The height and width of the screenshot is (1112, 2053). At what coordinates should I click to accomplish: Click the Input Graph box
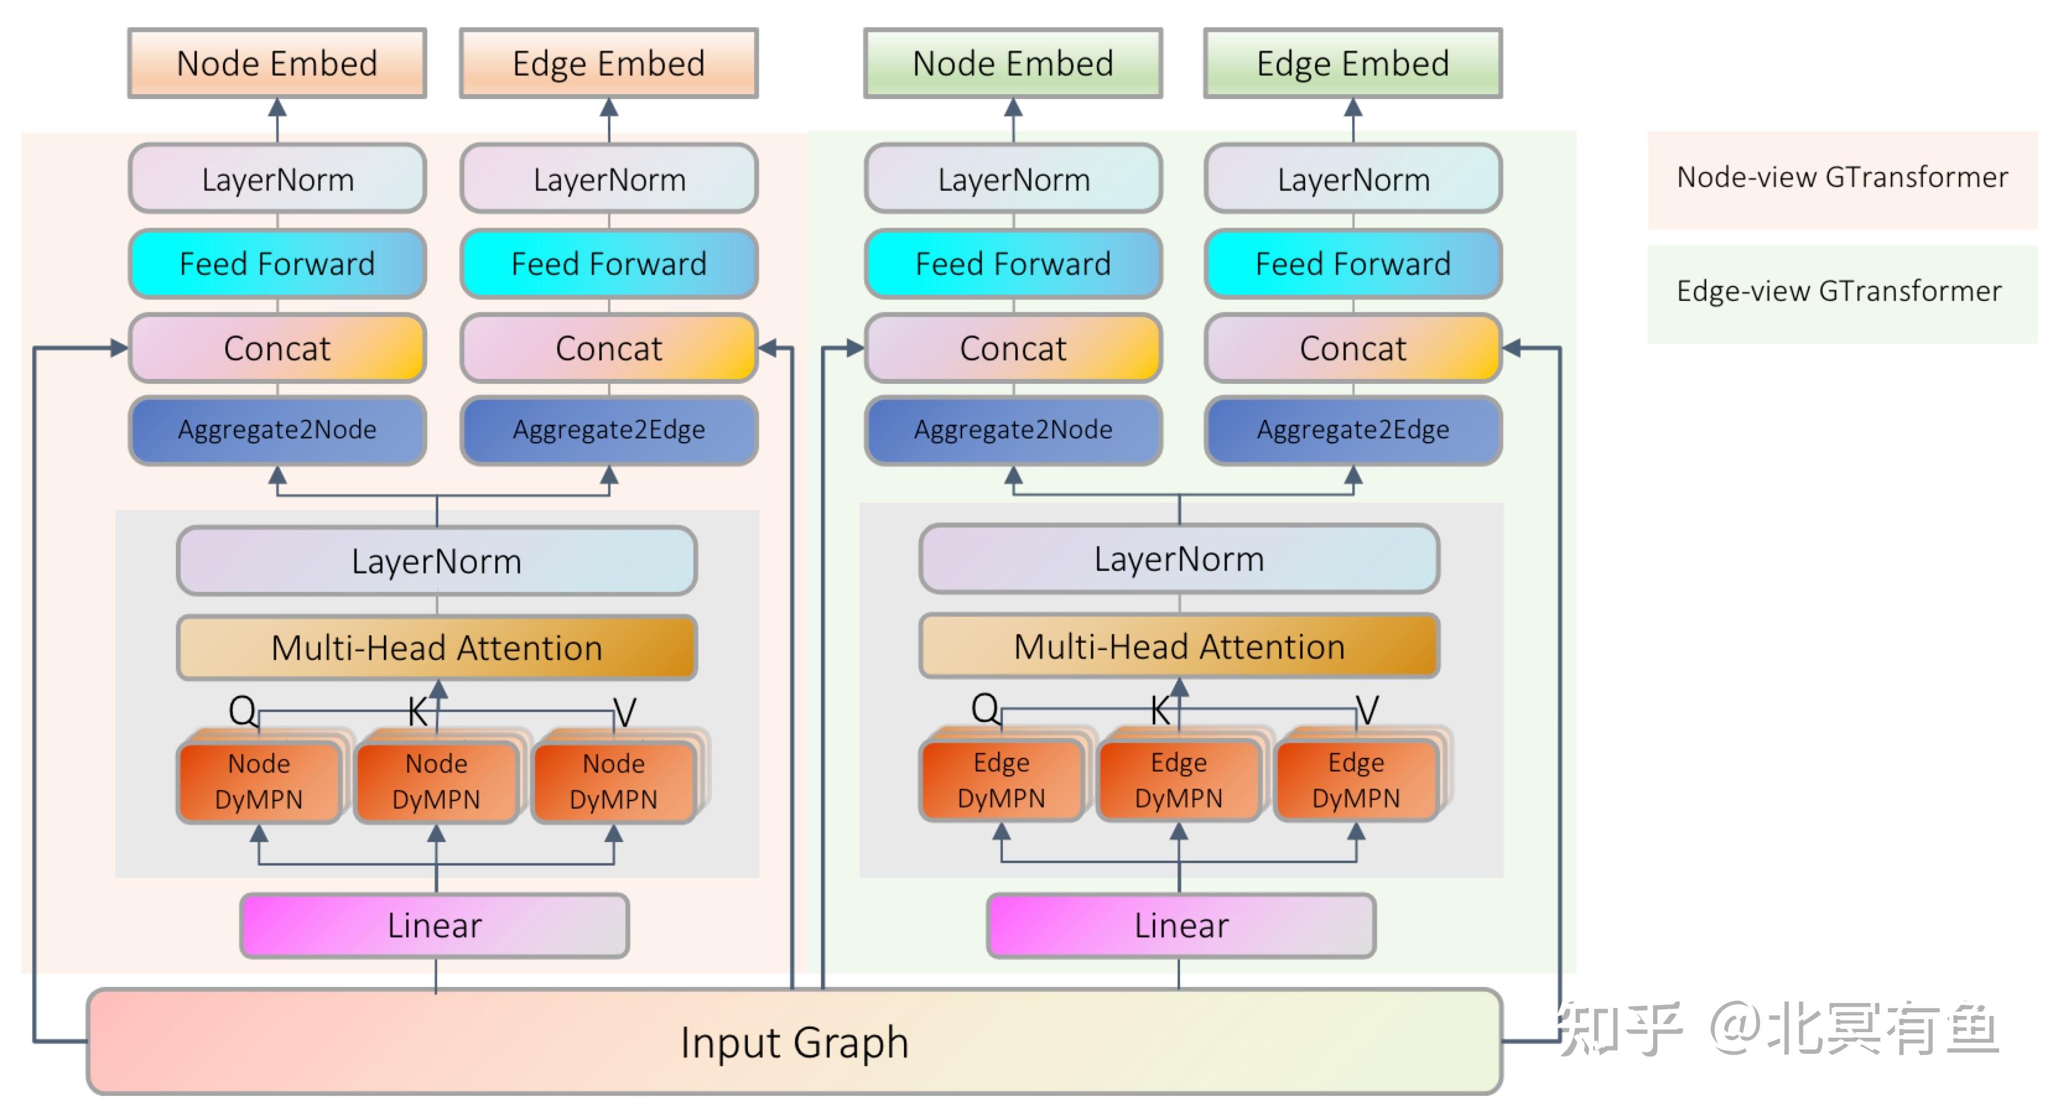[794, 1042]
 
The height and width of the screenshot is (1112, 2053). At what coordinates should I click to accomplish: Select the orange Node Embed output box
[277, 64]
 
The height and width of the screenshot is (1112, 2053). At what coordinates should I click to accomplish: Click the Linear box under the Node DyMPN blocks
[435, 926]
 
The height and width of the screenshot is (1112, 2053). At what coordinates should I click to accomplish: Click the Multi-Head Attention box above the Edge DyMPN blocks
[1179, 646]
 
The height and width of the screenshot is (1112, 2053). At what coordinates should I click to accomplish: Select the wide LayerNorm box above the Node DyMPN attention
[436, 561]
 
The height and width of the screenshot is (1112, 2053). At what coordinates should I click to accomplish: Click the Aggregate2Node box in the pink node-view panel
[277, 430]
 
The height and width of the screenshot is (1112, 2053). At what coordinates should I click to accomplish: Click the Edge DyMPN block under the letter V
[1356, 780]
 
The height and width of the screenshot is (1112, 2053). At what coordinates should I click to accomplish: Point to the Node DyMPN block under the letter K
[436, 782]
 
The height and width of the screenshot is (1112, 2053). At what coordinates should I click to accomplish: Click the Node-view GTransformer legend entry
[1842, 178]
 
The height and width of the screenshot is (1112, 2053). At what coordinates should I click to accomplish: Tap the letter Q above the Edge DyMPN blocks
[984, 707]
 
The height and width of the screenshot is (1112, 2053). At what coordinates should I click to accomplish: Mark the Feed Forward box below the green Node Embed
[1013, 264]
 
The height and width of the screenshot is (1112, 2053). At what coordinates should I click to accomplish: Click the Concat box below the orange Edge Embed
[609, 349]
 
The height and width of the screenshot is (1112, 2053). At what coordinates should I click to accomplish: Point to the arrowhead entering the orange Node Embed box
[277, 108]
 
